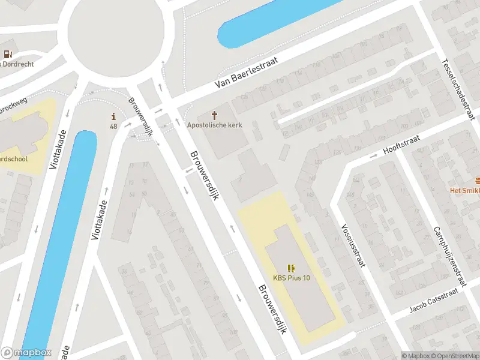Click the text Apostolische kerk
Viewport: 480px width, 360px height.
pyautogui.click(x=215, y=125)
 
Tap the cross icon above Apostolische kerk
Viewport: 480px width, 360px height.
pyautogui.click(x=215, y=115)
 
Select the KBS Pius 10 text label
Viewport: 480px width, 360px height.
pyautogui.click(x=292, y=278)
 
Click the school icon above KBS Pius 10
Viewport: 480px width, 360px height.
pyautogui.click(x=292, y=268)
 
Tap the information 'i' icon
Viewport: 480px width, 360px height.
pyautogui.click(x=113, y=116)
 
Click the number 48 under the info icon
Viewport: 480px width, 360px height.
pyautogui.click(x=113, y=127)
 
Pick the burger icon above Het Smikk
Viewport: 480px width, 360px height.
pyautogui.click(x=476, y=181)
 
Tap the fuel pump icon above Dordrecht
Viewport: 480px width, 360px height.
pyautogui.click(x=7, y=54)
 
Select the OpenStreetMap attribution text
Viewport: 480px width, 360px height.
pyautogui.click(x=454, y=356)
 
